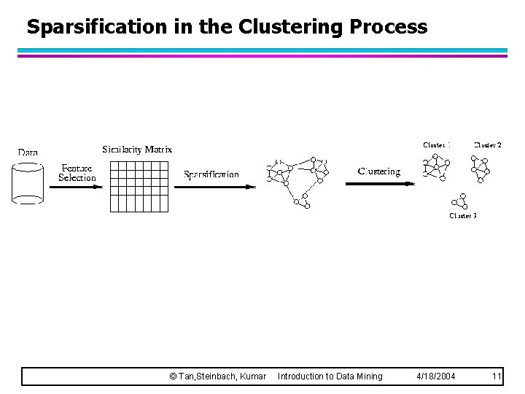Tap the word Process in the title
[x=389, y=28]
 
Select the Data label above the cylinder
[x=28, y=152]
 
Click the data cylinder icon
[x=28, y=182]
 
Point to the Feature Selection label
[x=77, y=173]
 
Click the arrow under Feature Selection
[x=76, y=187]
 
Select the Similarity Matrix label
[x=137, y=150]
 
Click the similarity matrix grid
[x=139, y=186]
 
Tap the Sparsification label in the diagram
[x=211, y=174]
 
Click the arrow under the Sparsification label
[x=215, y=187]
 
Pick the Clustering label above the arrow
[x=379, y=171]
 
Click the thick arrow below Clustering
[x=379, y=184]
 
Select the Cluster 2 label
[x=488, y=145]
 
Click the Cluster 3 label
[x=463, y=216]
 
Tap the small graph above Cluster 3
[x=459, y=201]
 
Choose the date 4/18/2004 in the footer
[x=435, y=376]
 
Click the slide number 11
[x=497, y=376]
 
